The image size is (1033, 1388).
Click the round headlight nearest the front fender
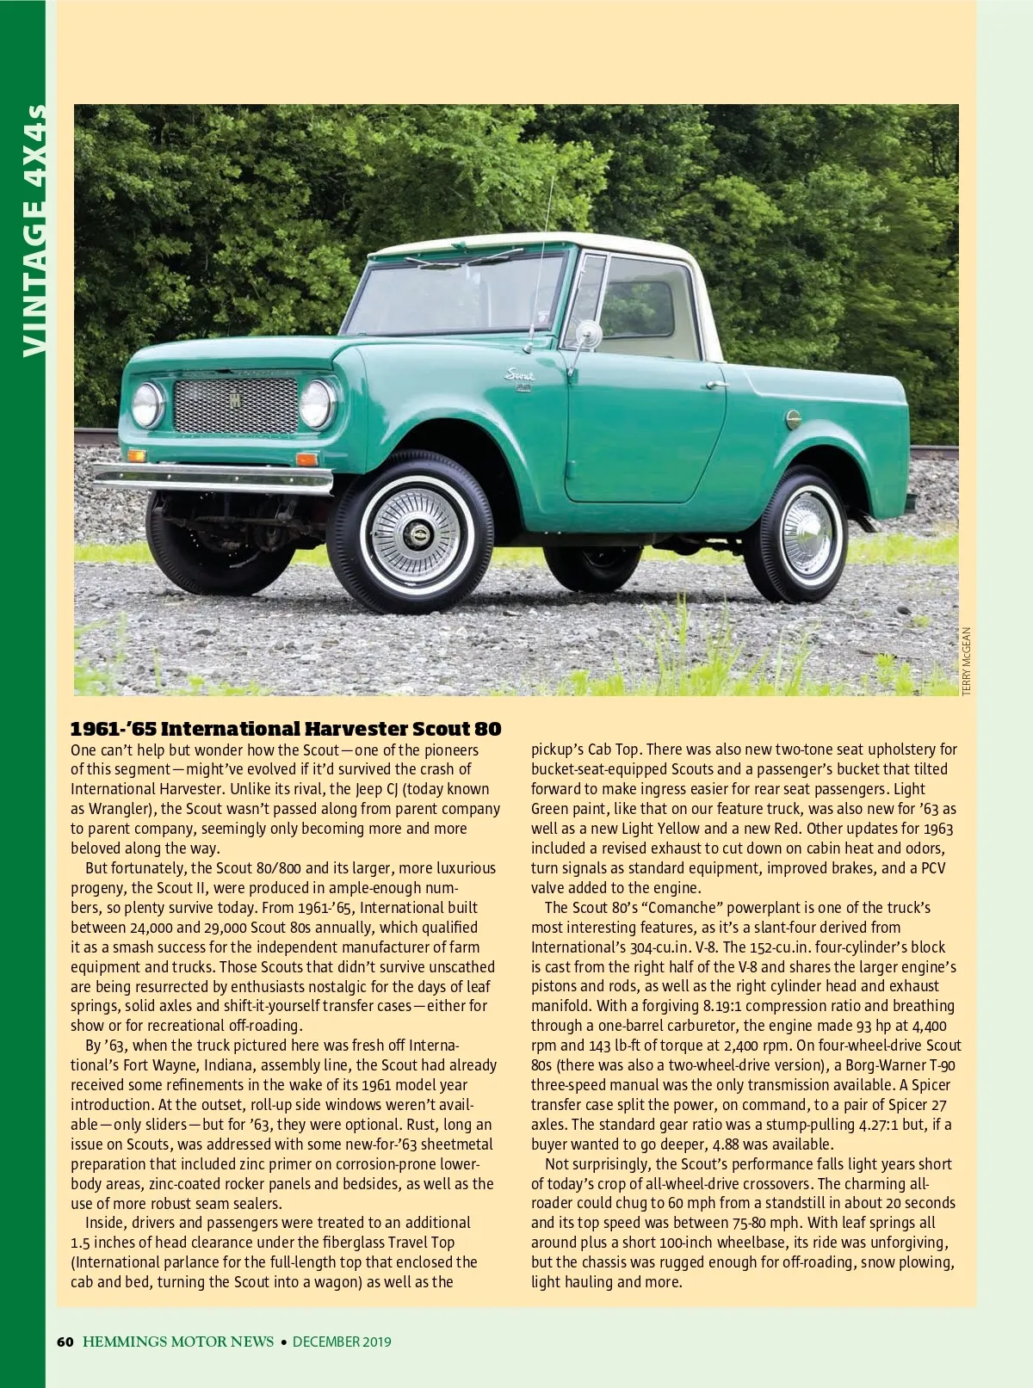tap(317, 404)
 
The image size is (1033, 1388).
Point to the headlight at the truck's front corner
tap(146, 404)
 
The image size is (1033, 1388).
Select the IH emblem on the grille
tap(235, 401)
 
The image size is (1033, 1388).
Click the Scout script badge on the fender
tap(520, 375)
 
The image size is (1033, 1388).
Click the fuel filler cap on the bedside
tap(793, 419)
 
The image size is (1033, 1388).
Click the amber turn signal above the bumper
tap(136, 454)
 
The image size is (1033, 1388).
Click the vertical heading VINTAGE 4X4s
tap(33, 231)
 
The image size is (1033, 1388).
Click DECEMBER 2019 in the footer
tap(342, 1341)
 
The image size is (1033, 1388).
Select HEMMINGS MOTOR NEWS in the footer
tap(178, 1341)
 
